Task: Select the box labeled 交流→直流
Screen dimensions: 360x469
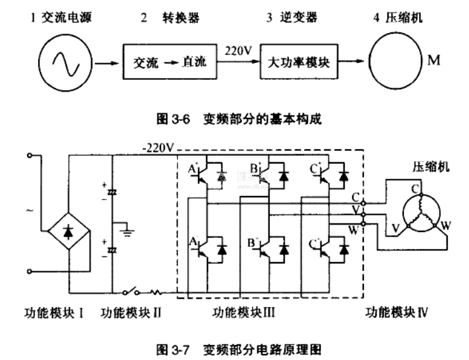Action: click(x=168, y=62)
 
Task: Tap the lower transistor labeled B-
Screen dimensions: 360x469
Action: click(x=265, y=248)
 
